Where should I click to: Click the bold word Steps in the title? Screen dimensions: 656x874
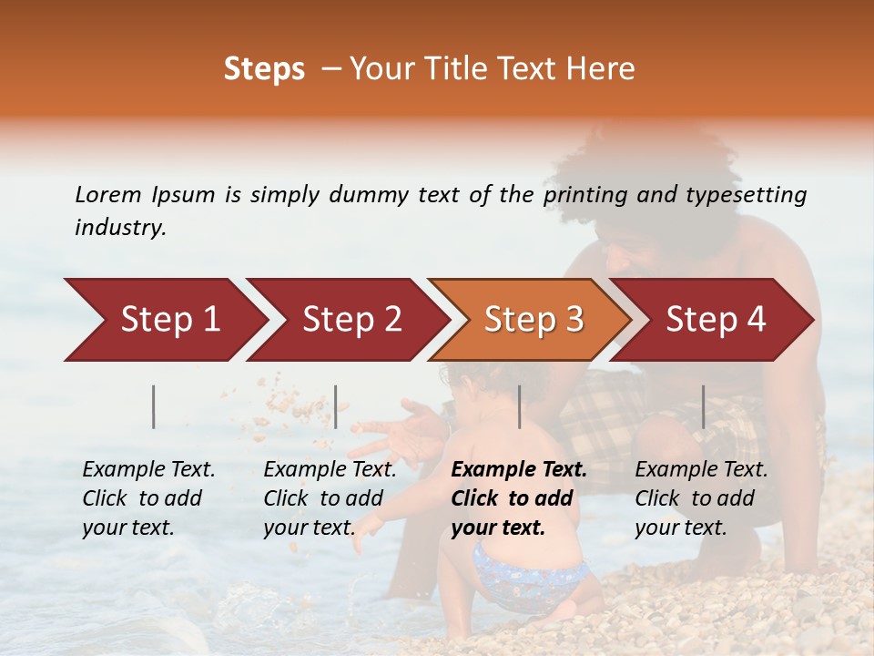click(x=264, y=69)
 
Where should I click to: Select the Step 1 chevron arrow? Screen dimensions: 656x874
click(x=164, y=320)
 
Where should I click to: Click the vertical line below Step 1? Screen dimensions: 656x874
click(x=154, y=406)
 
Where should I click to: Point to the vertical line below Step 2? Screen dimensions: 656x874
click(x=336, y=406)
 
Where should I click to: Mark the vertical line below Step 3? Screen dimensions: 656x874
click(x=519, y=406)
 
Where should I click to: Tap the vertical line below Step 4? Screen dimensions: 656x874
click(x=703, y=406)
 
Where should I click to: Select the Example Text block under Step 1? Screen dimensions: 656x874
click(x=149, y=497)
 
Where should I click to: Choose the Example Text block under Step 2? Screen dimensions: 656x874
click(x=330, y=497)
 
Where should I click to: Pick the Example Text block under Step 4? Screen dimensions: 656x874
click(x=701, y=497)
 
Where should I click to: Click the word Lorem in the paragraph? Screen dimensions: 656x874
click(x=107, y=195)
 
